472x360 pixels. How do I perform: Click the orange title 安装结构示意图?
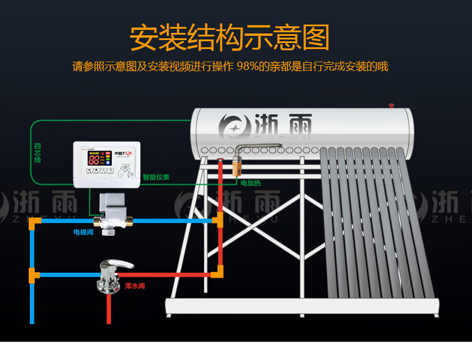click(x=229, y=38)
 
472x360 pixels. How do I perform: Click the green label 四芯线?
click(x=38, y=153)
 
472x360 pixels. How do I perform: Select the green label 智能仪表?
click(x=156, y=178)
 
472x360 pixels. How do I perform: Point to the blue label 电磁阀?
click(x=83, y=231)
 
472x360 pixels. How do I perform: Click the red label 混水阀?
click(x=135, y=286)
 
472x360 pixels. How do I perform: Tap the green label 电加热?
click(x=250, y=182)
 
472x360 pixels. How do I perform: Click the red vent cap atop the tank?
click(x=392, y=106)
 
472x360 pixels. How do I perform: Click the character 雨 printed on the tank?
click(x=297, y=127)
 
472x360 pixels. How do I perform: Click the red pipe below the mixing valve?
click(x=109, y=311)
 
